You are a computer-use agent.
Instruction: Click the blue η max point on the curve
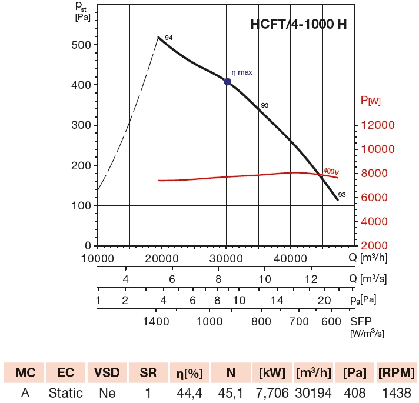(x=227, y=82)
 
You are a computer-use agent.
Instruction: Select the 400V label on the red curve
(x=331, y=171)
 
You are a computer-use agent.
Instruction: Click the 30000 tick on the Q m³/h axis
(x=227, y=257)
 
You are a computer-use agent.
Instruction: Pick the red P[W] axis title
(x=371, y=101)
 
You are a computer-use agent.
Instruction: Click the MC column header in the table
(x=25, y=373)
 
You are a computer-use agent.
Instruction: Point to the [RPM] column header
(x=396, y=373)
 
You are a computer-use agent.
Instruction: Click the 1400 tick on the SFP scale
(x=156, y=321)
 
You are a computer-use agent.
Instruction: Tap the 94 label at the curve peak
(x=168, y=38)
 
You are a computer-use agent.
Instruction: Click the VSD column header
(x=107, y=373)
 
